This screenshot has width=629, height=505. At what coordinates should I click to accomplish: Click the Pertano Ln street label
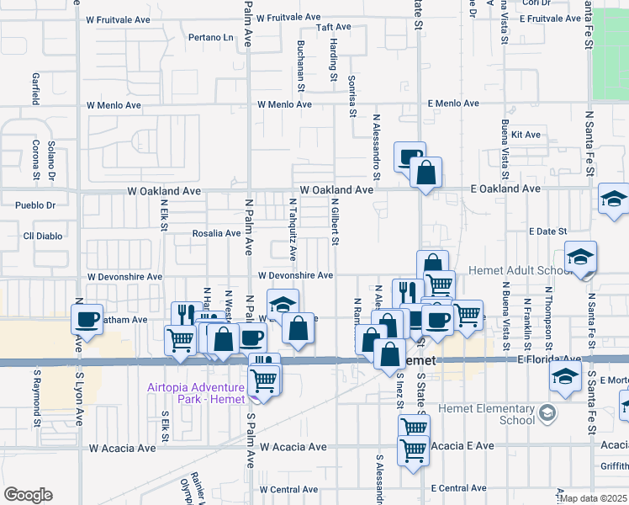click(210, 38)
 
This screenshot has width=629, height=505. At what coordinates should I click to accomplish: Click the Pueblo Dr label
click(35, 205)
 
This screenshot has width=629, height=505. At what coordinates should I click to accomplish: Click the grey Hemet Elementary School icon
click(547, 412)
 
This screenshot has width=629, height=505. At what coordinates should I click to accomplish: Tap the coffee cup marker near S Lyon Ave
click(87, 319)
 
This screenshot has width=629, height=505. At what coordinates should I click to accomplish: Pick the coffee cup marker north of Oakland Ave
click(410, 157)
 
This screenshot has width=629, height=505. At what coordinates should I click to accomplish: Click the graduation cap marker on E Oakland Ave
click(614, 199)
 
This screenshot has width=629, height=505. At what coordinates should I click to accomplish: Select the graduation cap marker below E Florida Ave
click(567, 379)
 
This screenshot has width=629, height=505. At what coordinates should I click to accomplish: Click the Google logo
click(28, 494)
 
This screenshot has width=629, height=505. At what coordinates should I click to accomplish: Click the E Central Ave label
click(457, 488)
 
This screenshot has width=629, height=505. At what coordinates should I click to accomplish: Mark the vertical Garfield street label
click(36, 88)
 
